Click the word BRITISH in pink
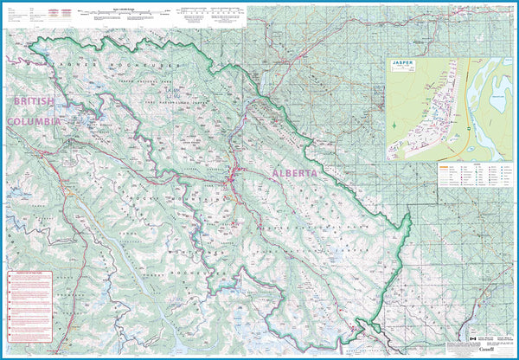click(34, 101)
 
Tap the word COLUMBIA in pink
click(34, 122)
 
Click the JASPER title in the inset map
click(405, 64)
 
